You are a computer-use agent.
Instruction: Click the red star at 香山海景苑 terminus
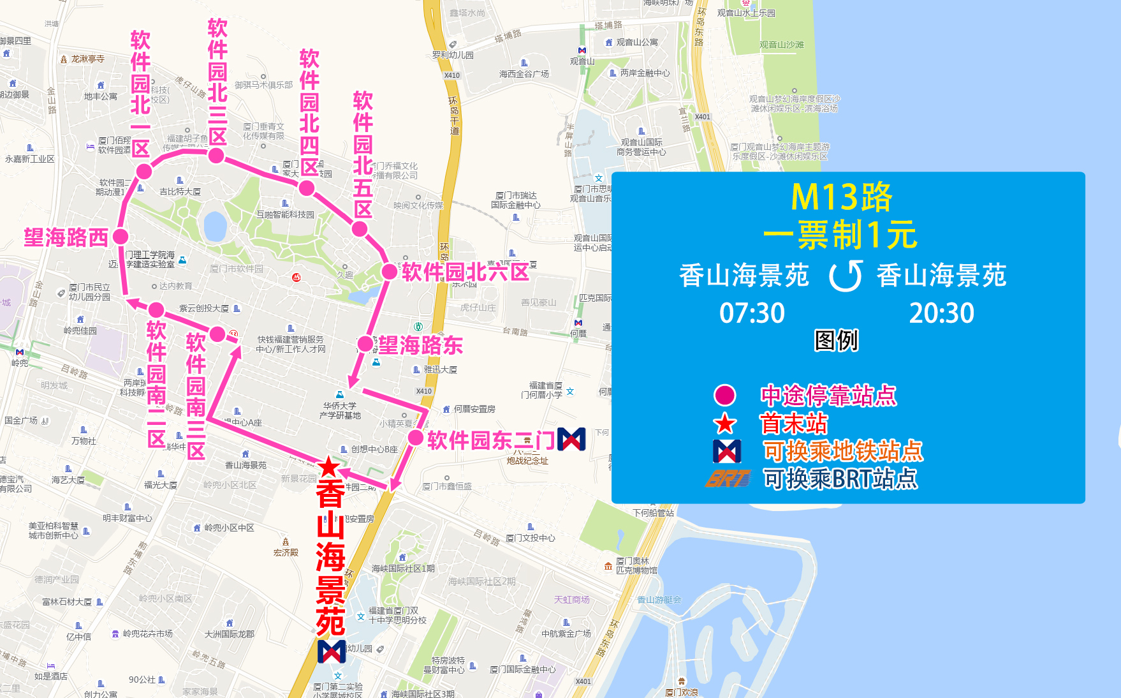pyautogui.click(x=328, y=467)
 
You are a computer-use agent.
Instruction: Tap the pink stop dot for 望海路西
pyautogui.click(x=120, y=237)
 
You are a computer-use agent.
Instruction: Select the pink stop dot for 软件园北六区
pyautogui.click(x=389, y=271)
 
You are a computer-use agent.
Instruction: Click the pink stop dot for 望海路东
pyautogui.click(x=365, y=345)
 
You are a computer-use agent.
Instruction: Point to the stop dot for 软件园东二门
pyautogui.click(x=415, y=438)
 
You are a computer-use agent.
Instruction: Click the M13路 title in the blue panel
pyautogui.click(x=841, y=197)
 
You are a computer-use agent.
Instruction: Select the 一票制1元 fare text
pyautogui.click(x=840, y=235)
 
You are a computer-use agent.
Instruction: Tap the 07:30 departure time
pyautogui.click(x=752, y=313)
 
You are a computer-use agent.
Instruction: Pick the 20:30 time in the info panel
pyautogui.click(x=941, y=313)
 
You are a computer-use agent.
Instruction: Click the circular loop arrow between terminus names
pyautogui.click(x=846, y=276)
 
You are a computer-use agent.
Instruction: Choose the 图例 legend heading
pyautogui.click(x=836, y=341)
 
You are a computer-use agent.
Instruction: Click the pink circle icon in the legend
pyautogui.click(x=725, y=396)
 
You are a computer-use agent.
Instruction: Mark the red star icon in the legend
pyautogui.click(x=725, y=424)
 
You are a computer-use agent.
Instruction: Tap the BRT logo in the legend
pyautogui.click(x=728, y=479)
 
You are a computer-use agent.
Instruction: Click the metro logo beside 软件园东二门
pyautogui.click(x=571, y=439)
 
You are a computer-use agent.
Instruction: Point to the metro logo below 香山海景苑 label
pyautogui.click(x=332, y=651)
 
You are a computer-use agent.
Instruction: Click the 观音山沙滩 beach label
pyautogui.click(x=781, y=45)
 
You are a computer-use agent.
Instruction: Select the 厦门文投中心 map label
pyautogui.click(x=530, y=538)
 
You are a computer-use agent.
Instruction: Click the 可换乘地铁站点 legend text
pyautogui.click(x=843, y=451)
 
